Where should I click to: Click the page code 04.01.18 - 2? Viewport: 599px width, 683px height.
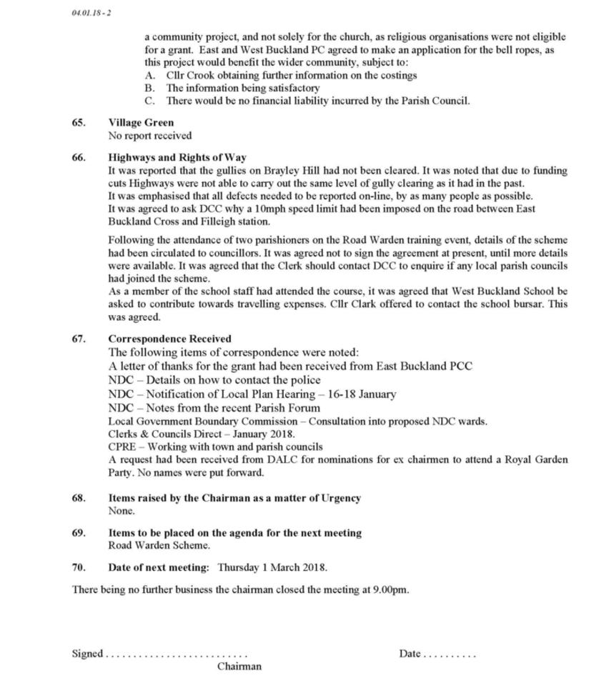point(91,13)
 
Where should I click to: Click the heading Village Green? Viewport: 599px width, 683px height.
point(141,122)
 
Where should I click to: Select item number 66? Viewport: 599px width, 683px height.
point(79,157)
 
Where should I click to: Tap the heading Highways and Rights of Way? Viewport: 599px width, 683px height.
point(177,157)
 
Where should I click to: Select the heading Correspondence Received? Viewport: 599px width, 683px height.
point(169,339)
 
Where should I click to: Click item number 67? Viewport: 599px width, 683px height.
point(79,339)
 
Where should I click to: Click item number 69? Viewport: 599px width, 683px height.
point(79,533)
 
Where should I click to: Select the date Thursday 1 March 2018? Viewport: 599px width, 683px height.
point(272,567)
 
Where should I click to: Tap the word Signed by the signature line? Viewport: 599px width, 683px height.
point(87,653)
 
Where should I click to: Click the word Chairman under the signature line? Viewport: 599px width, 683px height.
point(239,667)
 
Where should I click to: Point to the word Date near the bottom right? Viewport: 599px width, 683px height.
point(410,653)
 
